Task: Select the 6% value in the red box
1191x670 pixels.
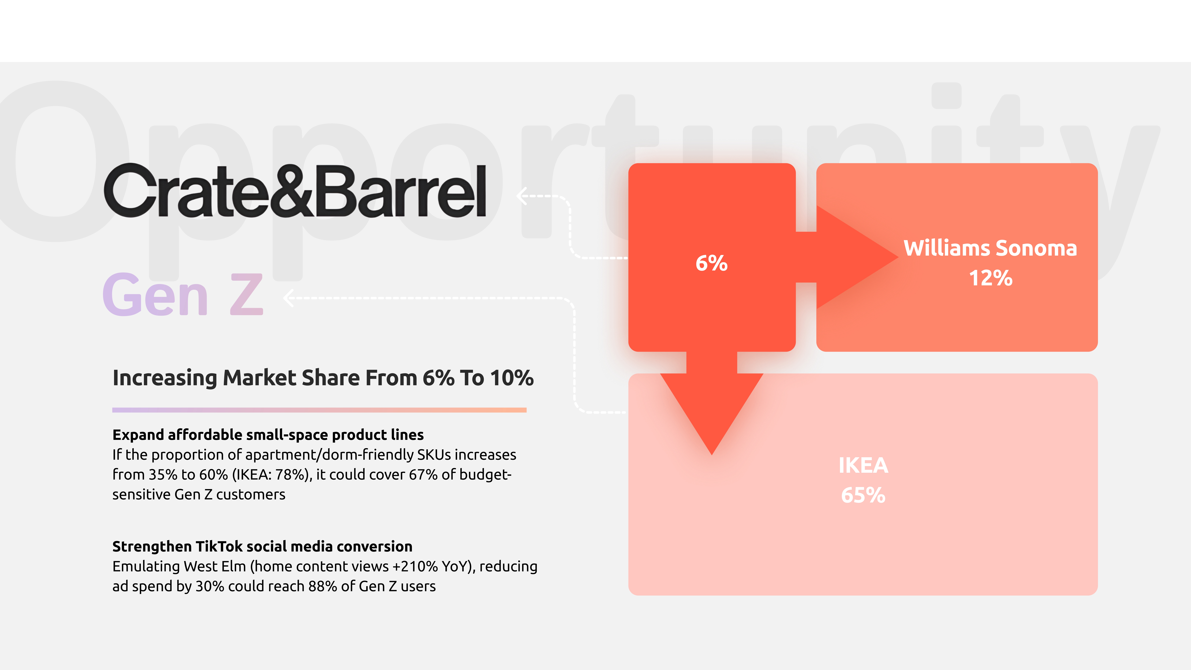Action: coord(712,263)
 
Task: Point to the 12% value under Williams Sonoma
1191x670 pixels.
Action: coord(990,278)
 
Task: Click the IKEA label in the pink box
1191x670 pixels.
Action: coord(863,465)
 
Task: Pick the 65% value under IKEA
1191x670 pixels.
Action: coord(863,495)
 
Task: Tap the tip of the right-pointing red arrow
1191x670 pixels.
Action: coord(898,257)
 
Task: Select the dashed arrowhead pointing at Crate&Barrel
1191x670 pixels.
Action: coord(522,196)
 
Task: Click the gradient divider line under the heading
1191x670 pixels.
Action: coord(319,410)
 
